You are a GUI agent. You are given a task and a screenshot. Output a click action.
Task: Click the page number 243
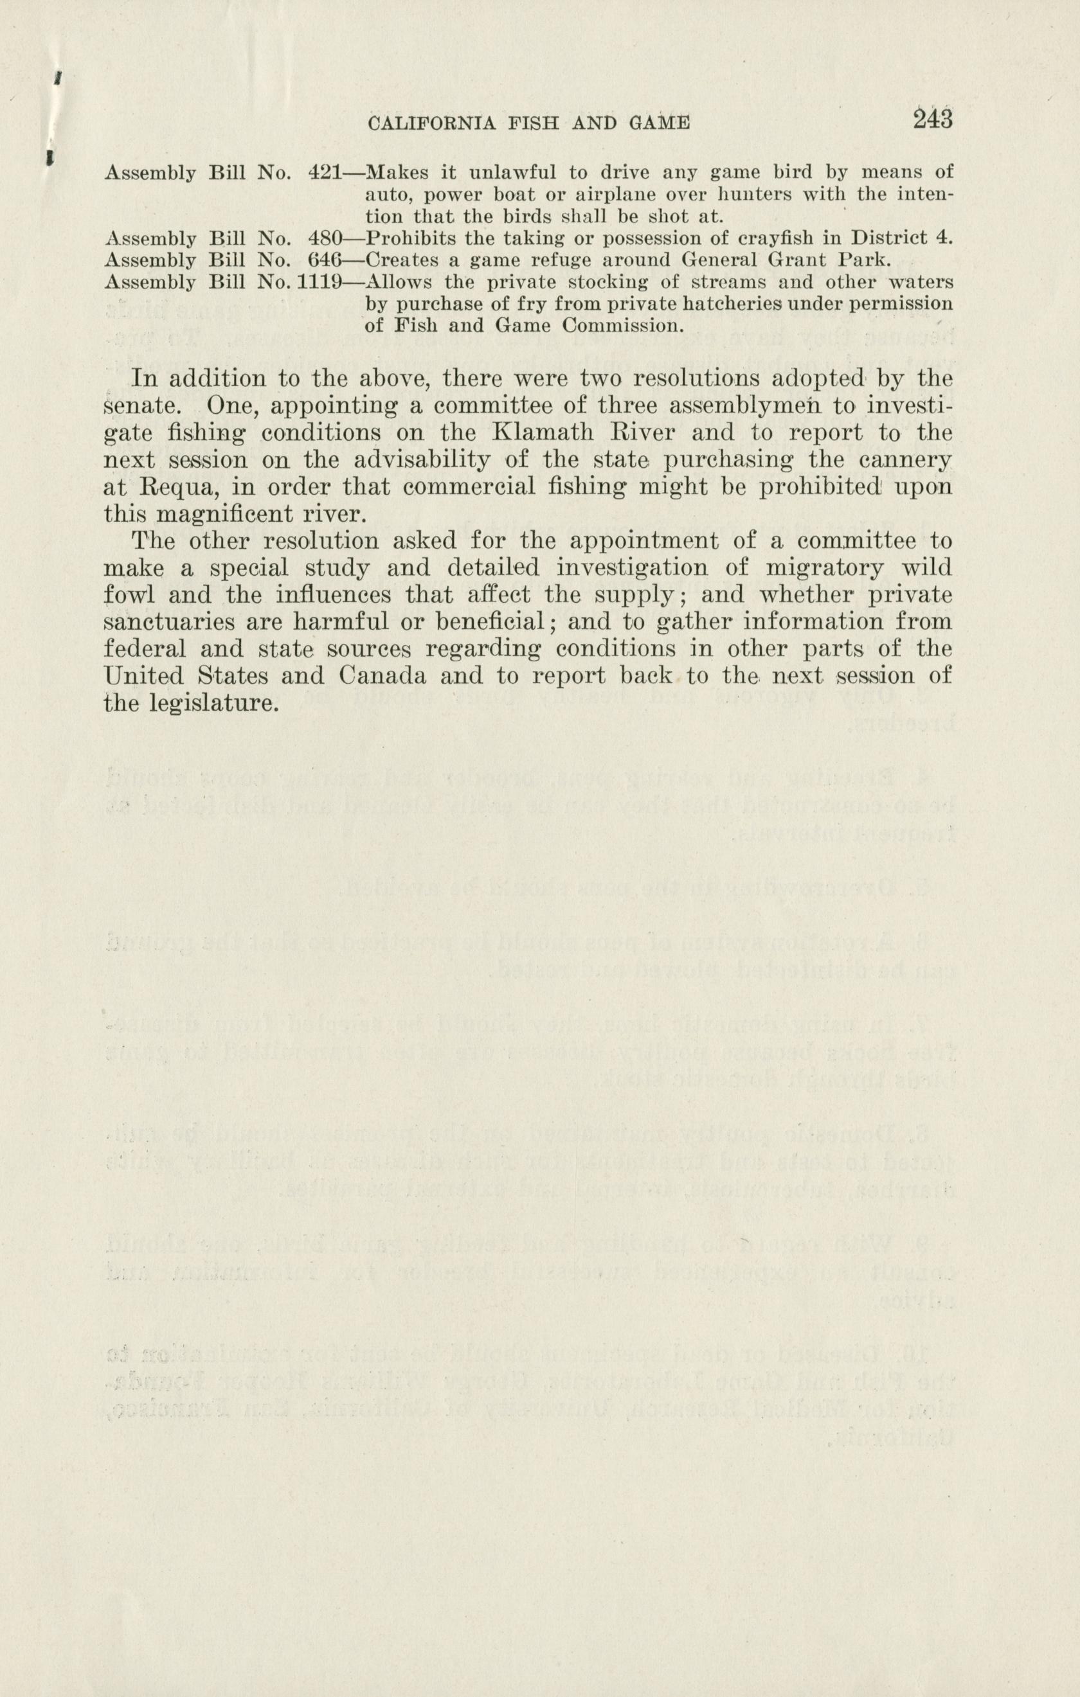coord(932,118)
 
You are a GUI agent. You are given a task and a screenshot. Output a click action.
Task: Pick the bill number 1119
coord(319,283)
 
